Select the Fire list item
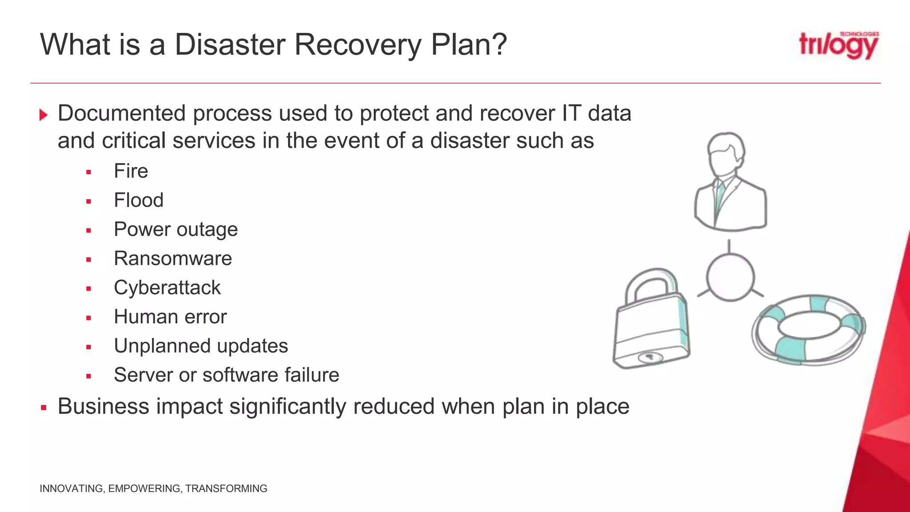point(131,171)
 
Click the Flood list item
point(139,200)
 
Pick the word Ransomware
point(173,259)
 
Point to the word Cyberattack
point(167,288)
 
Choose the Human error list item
point(170,317)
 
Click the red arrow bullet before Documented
point(43,115)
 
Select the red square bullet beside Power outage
point(89,231)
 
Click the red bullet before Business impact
point(44,407)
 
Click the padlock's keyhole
point(649,356)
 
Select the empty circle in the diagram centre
point(730,277)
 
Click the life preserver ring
point(808,330)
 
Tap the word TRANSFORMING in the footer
point(226,488)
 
